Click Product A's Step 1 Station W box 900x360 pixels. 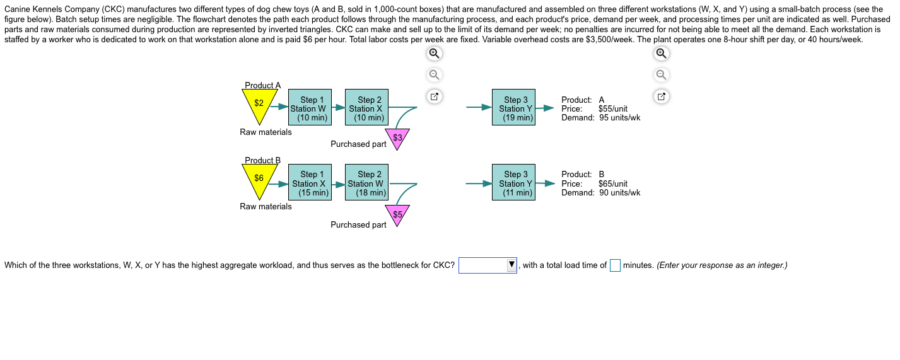(x=310, y=107)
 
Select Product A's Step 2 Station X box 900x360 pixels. (x=366, y=107)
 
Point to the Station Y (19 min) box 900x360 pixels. (x=513, y=107)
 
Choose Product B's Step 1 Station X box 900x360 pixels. (x=310, y=182)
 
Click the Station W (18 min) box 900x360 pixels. (x=366, y=182)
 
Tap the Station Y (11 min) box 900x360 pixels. (x=513, y=182)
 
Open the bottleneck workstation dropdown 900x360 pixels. (x=488, y=265)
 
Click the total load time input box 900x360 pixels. (x=615, y=265)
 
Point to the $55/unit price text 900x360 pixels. (x=613, y=109)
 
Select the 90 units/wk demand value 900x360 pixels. (x=619, y=193)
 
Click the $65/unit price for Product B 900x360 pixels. (x=613, y=184)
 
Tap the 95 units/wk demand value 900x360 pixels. (x=619, y=118)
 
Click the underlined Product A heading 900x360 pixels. (x=263, y=85)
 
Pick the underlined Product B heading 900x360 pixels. (x=263, y=160)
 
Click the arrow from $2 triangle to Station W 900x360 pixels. (x=279, y=107)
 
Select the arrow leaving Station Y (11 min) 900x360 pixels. (x=545, y=183)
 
